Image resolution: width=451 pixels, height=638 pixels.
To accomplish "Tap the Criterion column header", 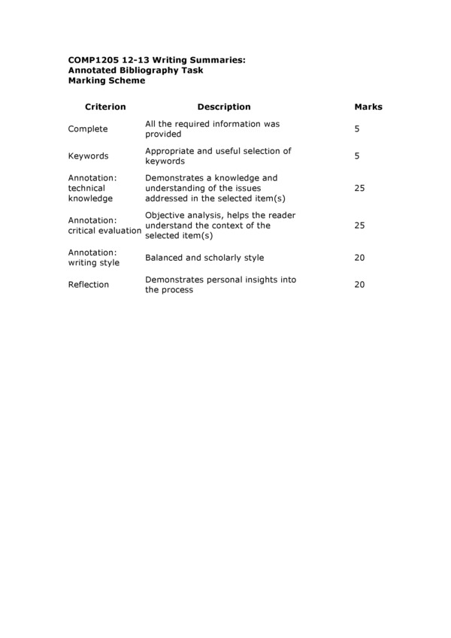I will point(105,107).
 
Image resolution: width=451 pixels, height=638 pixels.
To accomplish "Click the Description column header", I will point(224,107).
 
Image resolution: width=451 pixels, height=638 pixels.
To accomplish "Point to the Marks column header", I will point(368,107).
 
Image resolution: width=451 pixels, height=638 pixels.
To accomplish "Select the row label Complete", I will point(88,129).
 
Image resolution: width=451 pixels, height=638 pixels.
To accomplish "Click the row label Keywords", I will point(89,156).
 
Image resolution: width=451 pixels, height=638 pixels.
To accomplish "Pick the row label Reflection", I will point(89,285).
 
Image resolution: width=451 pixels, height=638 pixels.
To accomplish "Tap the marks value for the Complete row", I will point(357,129).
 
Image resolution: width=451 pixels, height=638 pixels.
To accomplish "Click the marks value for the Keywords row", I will point(357,156).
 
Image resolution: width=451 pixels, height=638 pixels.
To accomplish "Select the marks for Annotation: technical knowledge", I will point(359,189).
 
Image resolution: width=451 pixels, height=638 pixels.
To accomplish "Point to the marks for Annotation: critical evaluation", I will point(359,225).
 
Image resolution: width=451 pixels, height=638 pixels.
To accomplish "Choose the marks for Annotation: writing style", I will point(359,258).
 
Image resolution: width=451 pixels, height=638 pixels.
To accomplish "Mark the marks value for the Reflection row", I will point(359,285).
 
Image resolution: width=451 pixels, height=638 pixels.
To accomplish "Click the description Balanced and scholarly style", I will point(204,258).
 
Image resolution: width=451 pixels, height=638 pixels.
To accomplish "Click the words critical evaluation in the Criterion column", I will point(104,231).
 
